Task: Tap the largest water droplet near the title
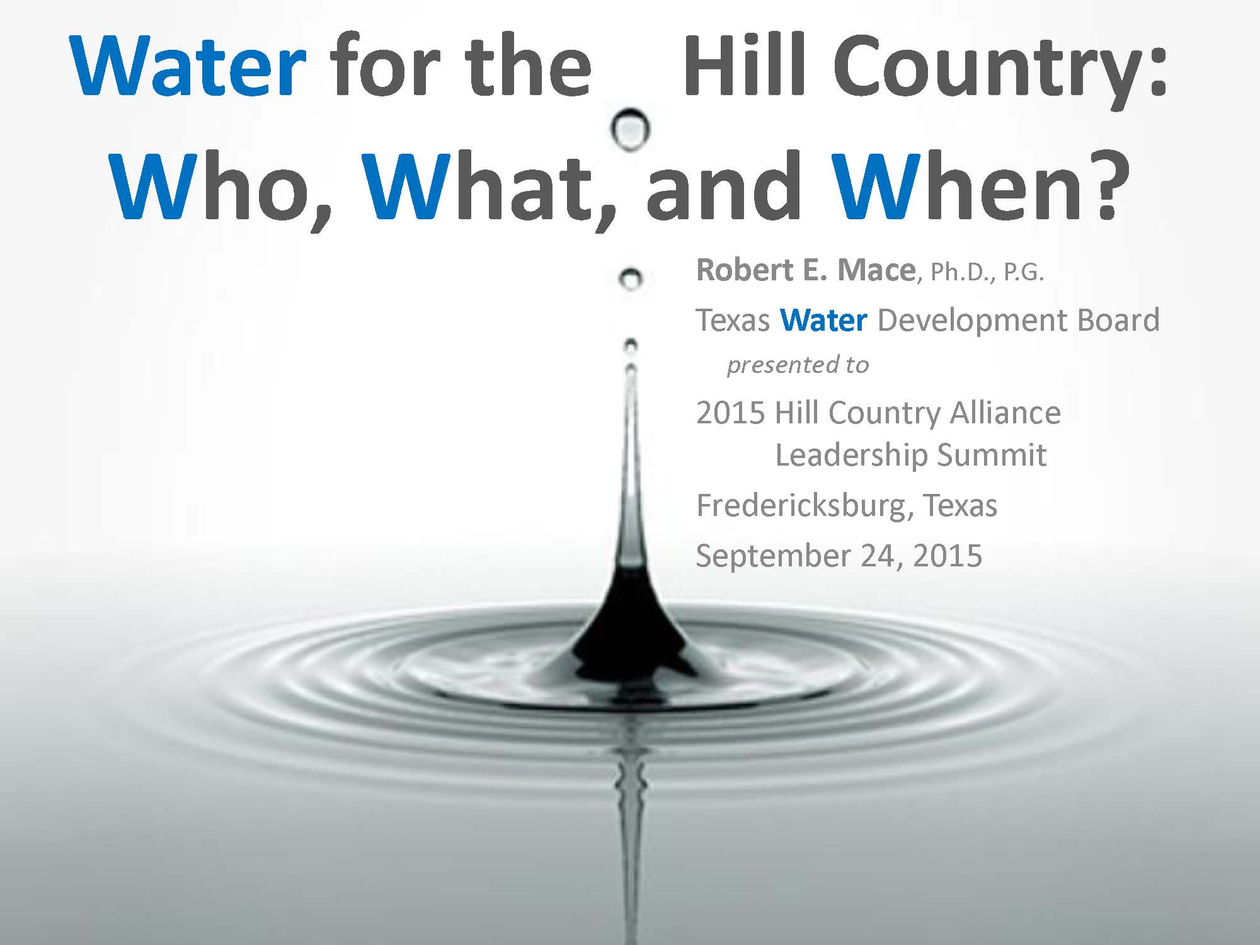[x=630, y=129]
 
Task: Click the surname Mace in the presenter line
[x=876, y=270]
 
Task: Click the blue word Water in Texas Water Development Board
[x=823, y=320]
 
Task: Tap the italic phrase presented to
[x=798, y=365]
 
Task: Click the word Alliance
[x=1005, y=413]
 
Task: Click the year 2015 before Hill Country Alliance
[x=731, y=413]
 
